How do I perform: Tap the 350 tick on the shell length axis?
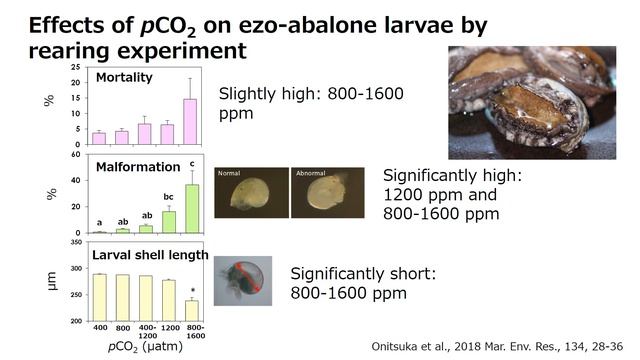coord(76,243)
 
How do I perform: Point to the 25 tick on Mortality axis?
coord(76,68)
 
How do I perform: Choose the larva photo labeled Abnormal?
coord(320,192)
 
